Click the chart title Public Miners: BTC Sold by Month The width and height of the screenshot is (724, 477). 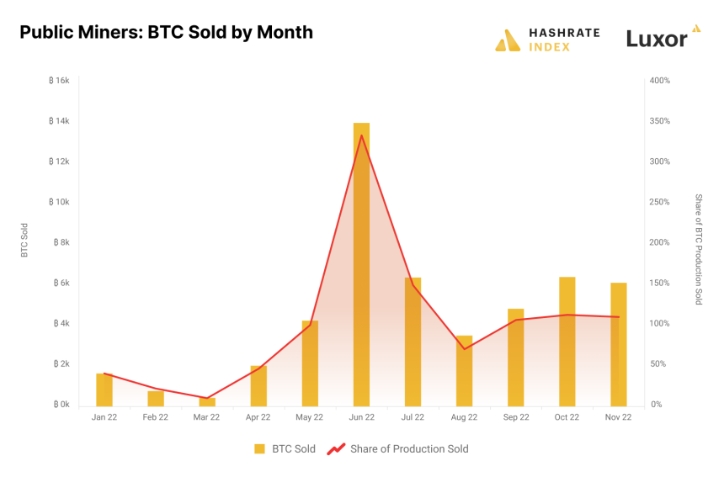[x=166, y=33]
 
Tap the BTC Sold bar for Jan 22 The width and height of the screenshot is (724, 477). [x=104, y=389]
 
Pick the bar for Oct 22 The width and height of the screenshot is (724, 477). [x=567, y=341]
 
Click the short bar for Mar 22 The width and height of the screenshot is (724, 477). [x=207, y=401]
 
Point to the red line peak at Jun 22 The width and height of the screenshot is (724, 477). [x=361, y=135]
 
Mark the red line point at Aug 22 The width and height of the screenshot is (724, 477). [x=464, y=349]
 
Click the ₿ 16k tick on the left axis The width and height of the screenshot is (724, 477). [x=58, y=81]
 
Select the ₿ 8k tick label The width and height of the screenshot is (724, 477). [x=58, y=242]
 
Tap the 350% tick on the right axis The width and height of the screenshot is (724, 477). [x=659, y=121]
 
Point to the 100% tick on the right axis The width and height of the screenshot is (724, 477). [x=659, y=324]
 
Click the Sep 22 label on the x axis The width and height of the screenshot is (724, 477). [x=515, y=417]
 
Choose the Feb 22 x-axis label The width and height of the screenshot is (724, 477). [x=156, y=417]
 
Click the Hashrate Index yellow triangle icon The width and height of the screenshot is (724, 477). [x=508, y=40]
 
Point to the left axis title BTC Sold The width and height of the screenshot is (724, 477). [x=24, y=241]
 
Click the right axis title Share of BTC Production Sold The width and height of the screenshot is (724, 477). [x=698, y=249]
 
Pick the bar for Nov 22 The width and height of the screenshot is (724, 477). [x=618, y=344]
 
